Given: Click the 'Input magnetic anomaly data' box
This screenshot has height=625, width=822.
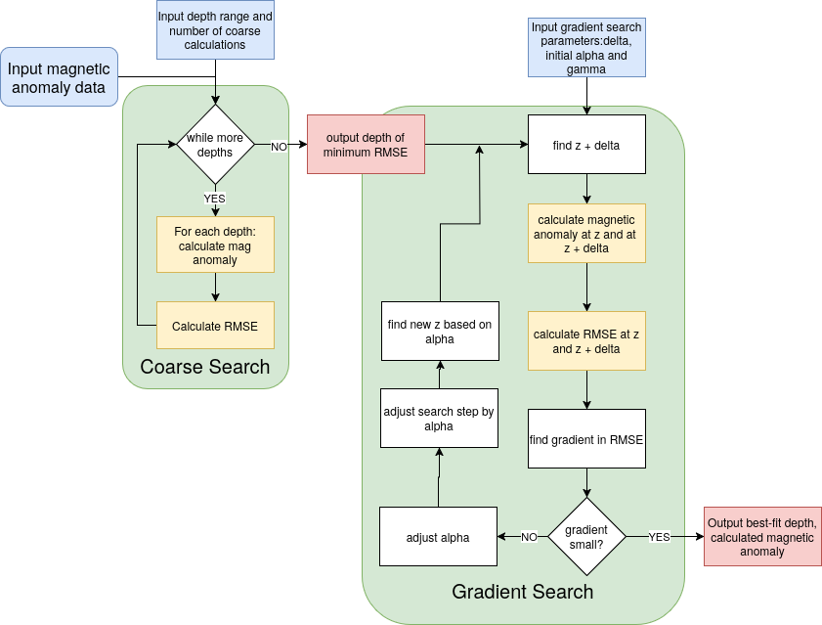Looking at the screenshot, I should click(59, 76).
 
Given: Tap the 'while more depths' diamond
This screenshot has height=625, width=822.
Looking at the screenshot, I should click(215, 145).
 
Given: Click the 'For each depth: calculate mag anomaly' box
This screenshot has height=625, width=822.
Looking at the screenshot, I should click(215, 245).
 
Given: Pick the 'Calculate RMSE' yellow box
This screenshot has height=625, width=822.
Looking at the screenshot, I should click(215, 326).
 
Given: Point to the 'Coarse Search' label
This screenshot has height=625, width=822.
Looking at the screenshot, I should click(205, 367).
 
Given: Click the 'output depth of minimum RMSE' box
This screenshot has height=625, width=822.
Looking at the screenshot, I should click(366, 145).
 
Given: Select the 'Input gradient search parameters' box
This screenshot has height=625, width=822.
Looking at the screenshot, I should click(586, 47).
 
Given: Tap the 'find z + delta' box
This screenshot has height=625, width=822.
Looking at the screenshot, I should click(586, 145).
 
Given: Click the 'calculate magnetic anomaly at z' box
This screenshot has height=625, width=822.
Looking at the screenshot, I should click(586, 234).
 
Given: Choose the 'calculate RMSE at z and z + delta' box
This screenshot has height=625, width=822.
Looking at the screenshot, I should click(586, 340).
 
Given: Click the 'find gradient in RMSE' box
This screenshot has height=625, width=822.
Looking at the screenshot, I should click(586, 438).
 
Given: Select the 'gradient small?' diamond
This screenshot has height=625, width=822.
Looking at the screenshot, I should click(586, 536).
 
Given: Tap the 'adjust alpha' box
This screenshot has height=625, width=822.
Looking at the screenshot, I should click(438, 536).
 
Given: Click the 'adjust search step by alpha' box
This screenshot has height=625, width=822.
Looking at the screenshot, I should click(439, 419).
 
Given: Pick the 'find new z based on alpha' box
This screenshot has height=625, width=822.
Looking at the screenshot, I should click(439, 331).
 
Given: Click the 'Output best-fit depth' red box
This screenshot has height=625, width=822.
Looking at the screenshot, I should click(762, 536).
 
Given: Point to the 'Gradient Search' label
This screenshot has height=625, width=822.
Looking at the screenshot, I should click(522, 592).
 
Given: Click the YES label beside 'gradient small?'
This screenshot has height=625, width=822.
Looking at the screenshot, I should click(660, 537).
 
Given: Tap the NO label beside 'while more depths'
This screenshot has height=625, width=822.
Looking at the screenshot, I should click(279, 146).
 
